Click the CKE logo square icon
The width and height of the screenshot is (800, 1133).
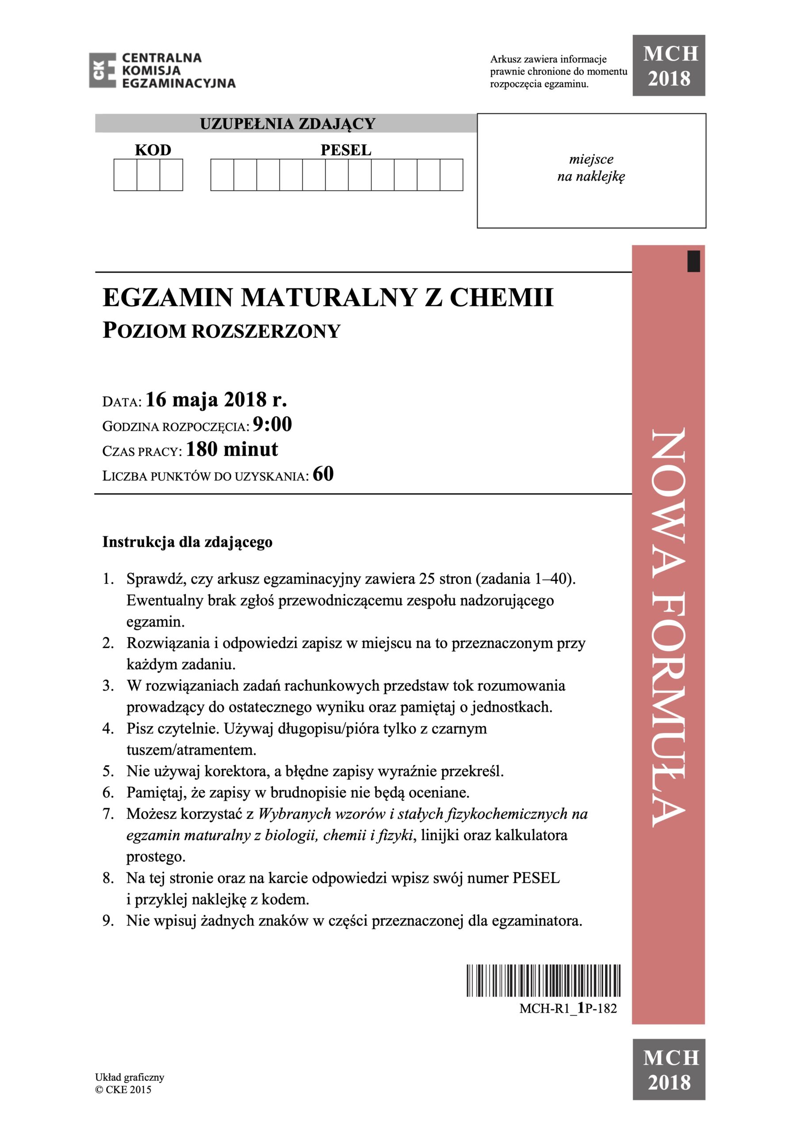(x=102, y=70)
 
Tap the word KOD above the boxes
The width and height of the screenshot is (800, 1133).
(x=153, y=150)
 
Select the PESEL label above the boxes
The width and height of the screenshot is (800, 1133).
(x=346, y=150)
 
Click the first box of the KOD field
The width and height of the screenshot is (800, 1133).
(x=125, y=175)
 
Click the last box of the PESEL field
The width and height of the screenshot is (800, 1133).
(x=451, y=175)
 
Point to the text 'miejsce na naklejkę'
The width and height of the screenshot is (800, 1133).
(x=591, y=168)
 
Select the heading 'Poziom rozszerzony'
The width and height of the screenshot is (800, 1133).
(x=222, y=331)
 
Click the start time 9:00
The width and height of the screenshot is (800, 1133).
(x=272, y=424)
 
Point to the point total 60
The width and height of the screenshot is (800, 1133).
(x=323, y=474)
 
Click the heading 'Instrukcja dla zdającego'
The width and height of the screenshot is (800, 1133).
(x=188, y=542)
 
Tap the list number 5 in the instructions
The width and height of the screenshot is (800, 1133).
(x=108, y=771)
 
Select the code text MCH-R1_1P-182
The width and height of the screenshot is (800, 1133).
(x=568, y=1009)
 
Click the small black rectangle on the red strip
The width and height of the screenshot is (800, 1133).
(x=693, y=261)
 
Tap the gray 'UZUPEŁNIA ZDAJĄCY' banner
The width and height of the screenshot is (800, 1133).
(x=287, y=123)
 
